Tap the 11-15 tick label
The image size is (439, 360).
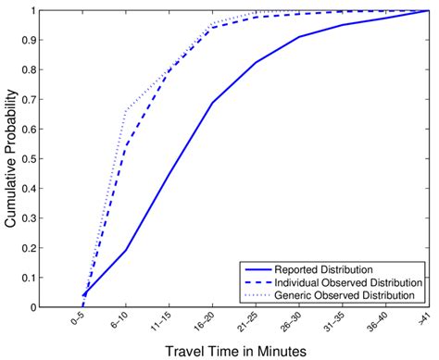162,323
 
